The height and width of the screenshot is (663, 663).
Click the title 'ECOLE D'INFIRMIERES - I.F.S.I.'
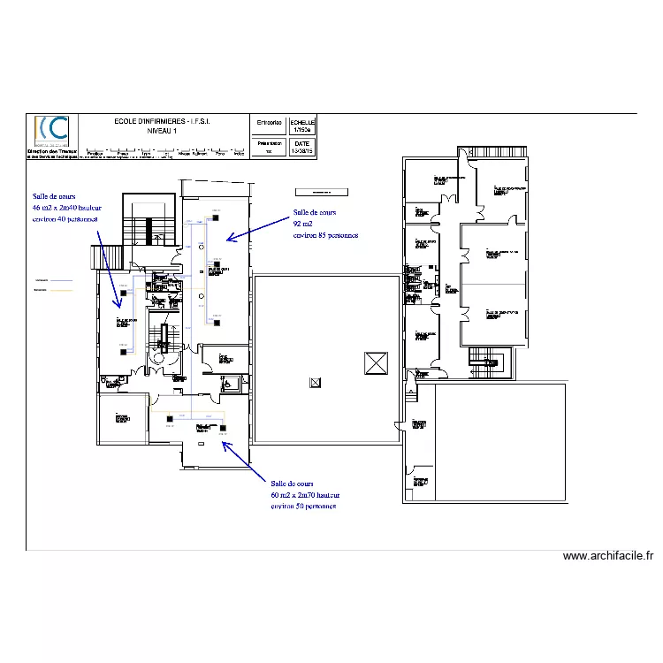point(169,121)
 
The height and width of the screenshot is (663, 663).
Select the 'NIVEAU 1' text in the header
point(169,131)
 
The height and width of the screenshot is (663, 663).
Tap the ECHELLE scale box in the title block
point(302,126)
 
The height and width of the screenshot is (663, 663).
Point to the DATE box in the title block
point(302,147)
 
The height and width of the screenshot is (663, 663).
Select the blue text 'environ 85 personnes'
point(324,235)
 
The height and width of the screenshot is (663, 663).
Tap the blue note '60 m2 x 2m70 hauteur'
point(305,495)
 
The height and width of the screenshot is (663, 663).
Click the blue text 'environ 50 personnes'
point(303,507)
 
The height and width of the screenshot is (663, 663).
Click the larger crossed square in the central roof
point(376,362)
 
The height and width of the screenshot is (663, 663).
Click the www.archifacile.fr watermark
point(608,556)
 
